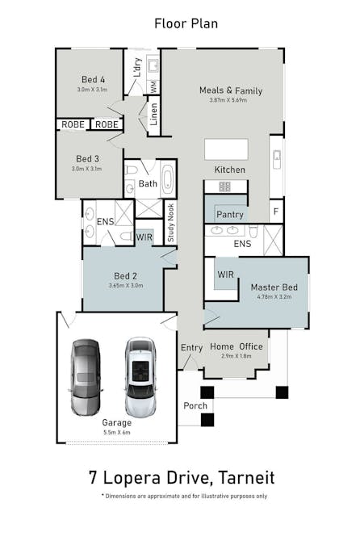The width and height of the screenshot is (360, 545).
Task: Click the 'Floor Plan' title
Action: (186, 23)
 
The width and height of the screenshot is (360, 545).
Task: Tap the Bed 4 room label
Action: (93, 79)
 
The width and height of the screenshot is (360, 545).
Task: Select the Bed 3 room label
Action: (88, 158)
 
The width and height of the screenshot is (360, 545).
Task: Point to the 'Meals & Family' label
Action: (231, 90)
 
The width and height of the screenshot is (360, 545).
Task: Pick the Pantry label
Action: (230, 215)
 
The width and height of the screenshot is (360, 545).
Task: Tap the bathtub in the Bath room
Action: (167, 178)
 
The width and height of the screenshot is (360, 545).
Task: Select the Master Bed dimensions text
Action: (274, 297)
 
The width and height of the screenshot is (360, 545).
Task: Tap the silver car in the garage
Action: (140, 376)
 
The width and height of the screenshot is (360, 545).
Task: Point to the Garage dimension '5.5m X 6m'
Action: (116, 433)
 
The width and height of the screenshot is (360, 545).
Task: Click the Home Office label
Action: (237, 346)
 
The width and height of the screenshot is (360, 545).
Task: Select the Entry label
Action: (192, 347)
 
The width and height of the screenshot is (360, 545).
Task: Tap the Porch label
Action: (195, 405)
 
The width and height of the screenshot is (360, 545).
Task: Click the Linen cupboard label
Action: (153, 115)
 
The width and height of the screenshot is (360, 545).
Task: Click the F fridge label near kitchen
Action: (276, 212)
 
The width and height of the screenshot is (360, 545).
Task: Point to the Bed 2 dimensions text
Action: (125, 285)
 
